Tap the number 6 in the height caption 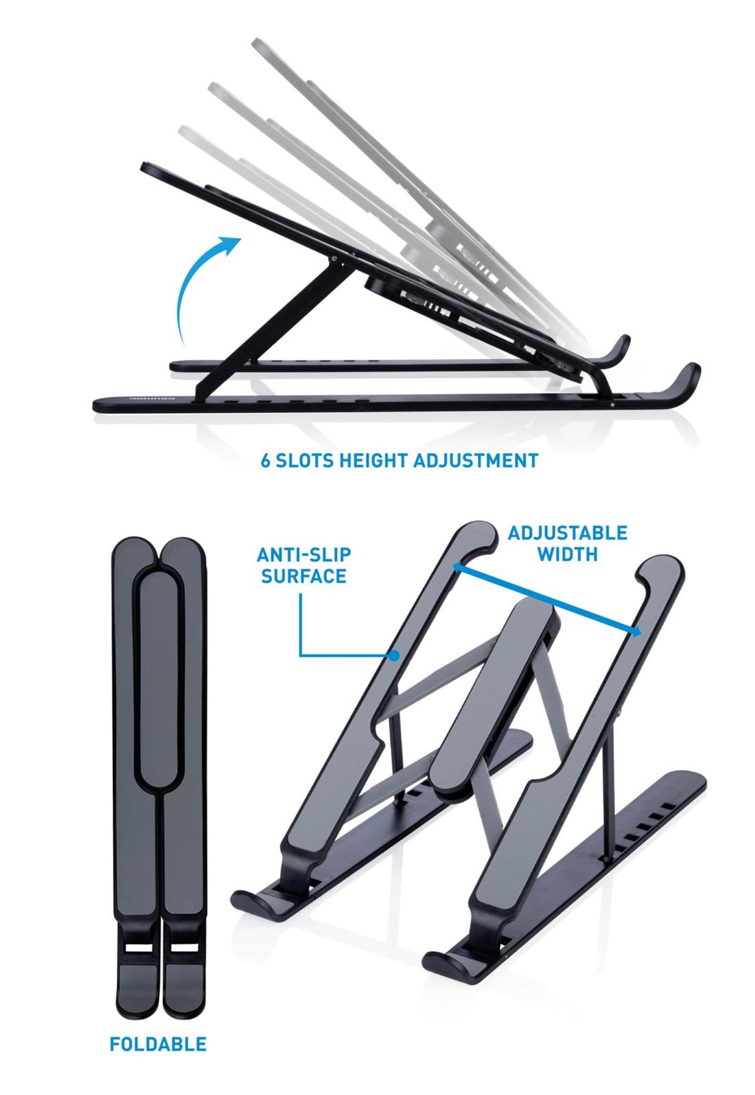(x=265, y=461)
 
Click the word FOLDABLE (x=158, y=1044)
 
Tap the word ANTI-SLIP (x=304, y=554)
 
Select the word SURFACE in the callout (x=304, y=576)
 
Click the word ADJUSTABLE (x=567, y=533)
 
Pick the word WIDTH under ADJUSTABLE (x=567, y=554)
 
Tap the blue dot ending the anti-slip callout (x=394, y=655)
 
